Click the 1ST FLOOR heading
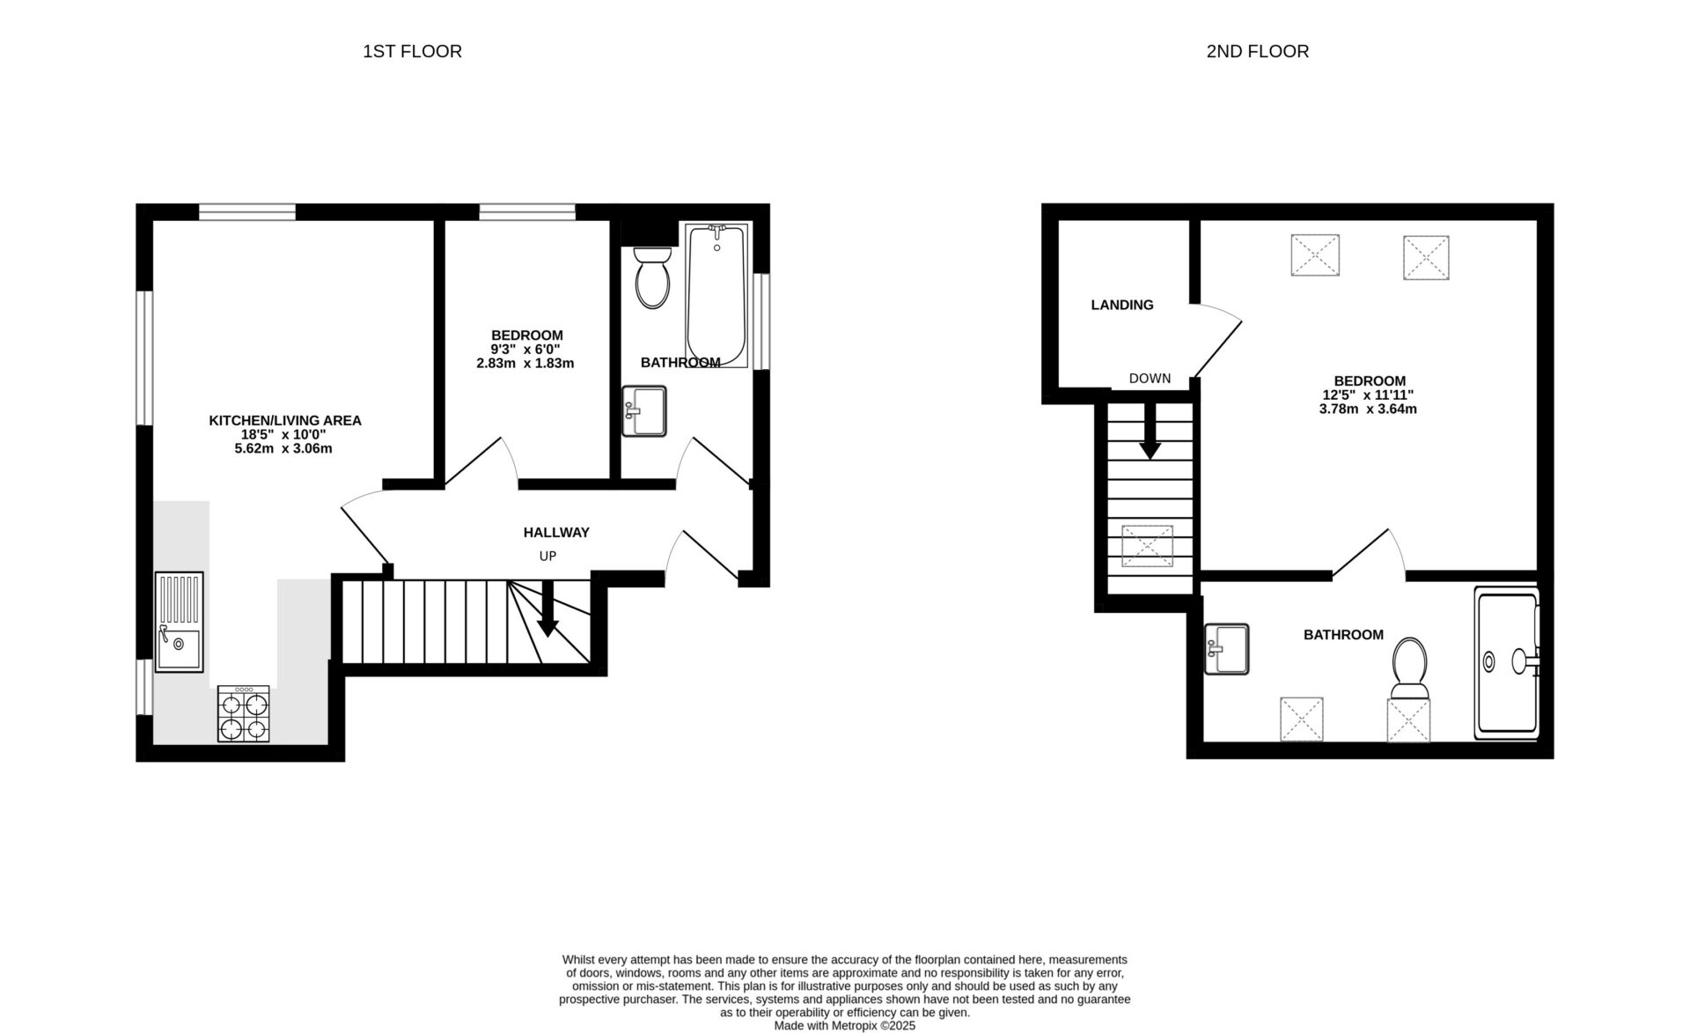click(412, 51)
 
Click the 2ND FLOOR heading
click(1257, 51)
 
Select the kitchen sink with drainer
click(179, 622)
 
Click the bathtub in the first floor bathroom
click(717, 295)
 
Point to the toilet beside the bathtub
click(652, 277)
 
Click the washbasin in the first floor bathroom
click(643, 411)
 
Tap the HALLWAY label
click(556, 532)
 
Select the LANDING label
click(1121, 305)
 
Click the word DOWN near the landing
click(1150, 378)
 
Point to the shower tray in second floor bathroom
click(1508, 663)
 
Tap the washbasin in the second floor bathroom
click(1226, 649)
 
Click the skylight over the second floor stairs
click(1147, 546)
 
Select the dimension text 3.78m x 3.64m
click(1367, 409)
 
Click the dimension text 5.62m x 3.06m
click(283, 448)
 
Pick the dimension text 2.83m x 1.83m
click(525, 363)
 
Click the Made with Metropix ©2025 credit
click(844, 1025)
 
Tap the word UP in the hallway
click(547, 556)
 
